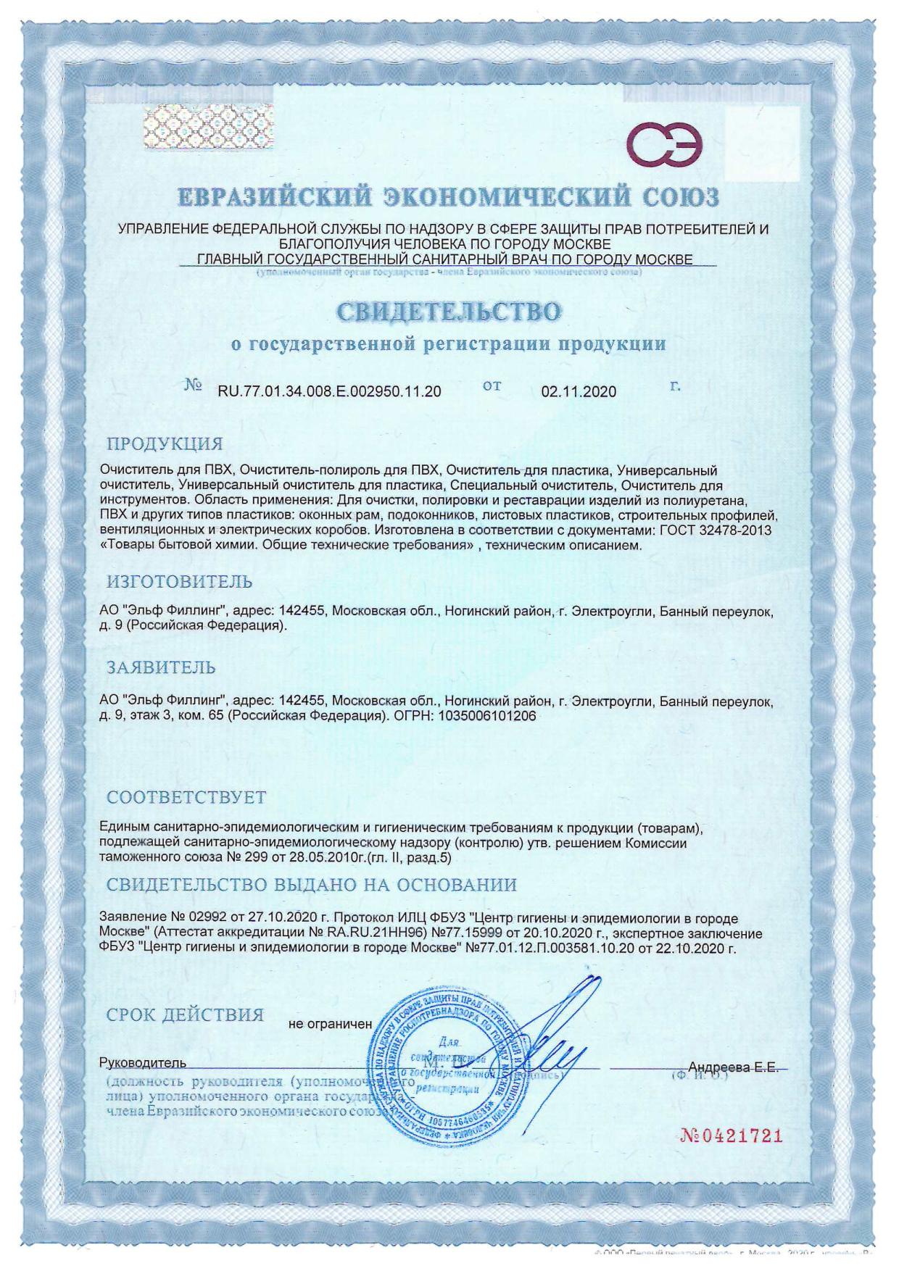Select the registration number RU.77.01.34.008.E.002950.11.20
pos(329,392)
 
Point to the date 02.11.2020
pos(579,392)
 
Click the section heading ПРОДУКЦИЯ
pos(165,443)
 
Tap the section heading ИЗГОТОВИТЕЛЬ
pos(180,581)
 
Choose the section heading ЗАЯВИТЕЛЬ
pos(161,667)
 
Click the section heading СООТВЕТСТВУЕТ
pos(186,797)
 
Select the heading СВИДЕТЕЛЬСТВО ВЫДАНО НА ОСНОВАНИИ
pos(312,885)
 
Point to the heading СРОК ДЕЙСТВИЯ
pos(185,1014)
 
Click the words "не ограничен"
pos(330,1024)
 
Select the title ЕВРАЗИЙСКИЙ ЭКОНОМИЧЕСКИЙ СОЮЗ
pos(449,197)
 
